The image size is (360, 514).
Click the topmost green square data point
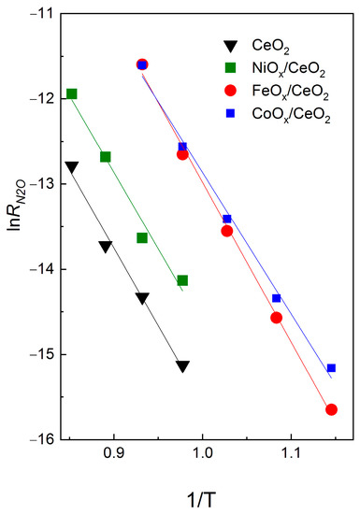click(72, 93)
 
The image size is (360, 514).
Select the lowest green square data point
click(182, 280)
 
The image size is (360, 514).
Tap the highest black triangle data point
click(72, 166)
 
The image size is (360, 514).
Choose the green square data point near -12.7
click(106, 156)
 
